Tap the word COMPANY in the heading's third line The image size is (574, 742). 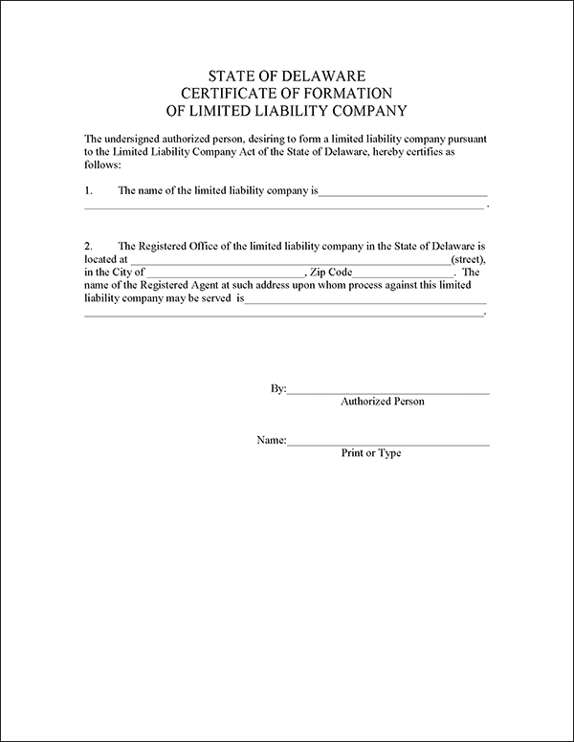(361, 110)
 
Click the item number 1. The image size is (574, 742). (88, 190)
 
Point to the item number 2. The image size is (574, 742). (88, 246)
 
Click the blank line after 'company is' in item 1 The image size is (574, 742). (403, 193)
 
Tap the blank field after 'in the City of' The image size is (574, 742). (225, 274)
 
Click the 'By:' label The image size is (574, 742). (278, 389)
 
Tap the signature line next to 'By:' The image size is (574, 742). (388, 392)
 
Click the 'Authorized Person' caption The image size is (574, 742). (382, 402)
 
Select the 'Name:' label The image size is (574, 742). (272, 441)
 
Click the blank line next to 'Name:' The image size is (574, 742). (388, 444)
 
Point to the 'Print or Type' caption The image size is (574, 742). (371, 453)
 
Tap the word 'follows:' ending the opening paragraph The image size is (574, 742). (102, 165)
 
